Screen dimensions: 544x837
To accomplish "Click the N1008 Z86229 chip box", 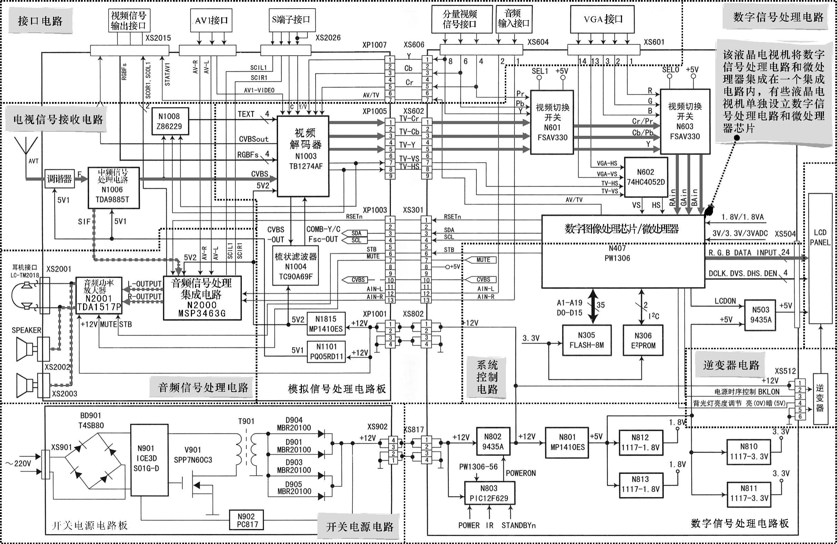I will tap(170, 121).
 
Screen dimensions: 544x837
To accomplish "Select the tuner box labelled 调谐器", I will tap(59, 179).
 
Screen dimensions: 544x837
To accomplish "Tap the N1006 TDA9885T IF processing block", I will tap(113, 187).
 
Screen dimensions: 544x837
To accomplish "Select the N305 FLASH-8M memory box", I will tap(586, 340).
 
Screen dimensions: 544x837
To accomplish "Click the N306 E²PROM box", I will tap(643, 340).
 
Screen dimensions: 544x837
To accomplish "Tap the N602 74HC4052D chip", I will tap(646, 177).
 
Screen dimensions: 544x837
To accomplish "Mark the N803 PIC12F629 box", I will tap(489, 493).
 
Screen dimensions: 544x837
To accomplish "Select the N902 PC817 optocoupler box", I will tap(246, 520).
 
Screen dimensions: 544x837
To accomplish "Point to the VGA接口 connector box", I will tap(603, 19).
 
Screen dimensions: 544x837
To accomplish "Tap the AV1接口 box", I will tap(211, 20).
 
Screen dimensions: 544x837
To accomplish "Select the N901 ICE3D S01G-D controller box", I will tap(149, 460).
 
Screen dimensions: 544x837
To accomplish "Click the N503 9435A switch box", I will tap(761, 315).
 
